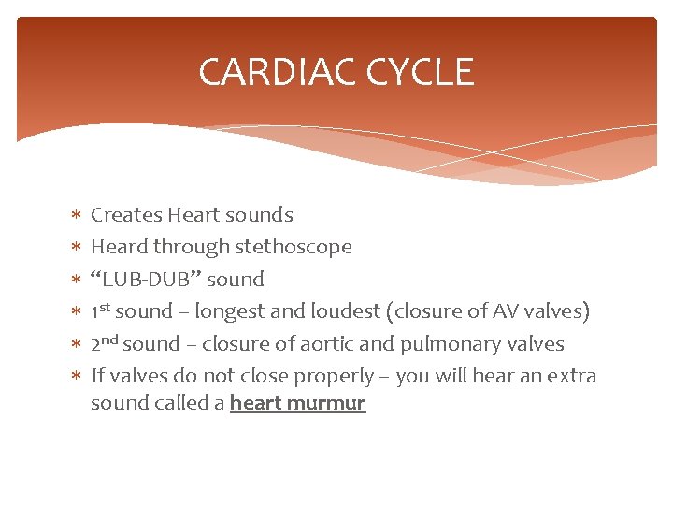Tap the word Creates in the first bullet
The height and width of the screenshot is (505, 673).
[x=126, y=215]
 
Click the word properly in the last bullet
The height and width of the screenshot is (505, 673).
[x=334, y=377]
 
